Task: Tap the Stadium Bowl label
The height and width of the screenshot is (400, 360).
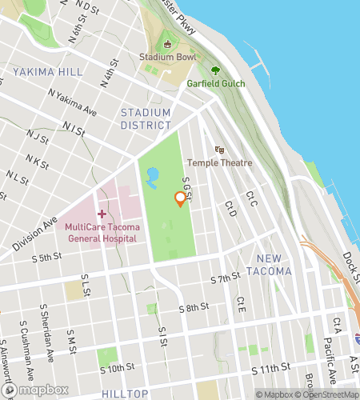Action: point(167,58)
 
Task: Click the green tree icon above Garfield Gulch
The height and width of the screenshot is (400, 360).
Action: point(214,70)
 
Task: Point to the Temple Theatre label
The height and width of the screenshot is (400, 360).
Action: point(220,163)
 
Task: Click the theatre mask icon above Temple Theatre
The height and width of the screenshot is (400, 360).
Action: point(219,150)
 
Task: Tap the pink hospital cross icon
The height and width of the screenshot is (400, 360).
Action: point(102,214)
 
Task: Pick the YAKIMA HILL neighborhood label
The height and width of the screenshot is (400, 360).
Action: point(47,72)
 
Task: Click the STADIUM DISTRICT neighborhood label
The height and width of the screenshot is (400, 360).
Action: point(146,118)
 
